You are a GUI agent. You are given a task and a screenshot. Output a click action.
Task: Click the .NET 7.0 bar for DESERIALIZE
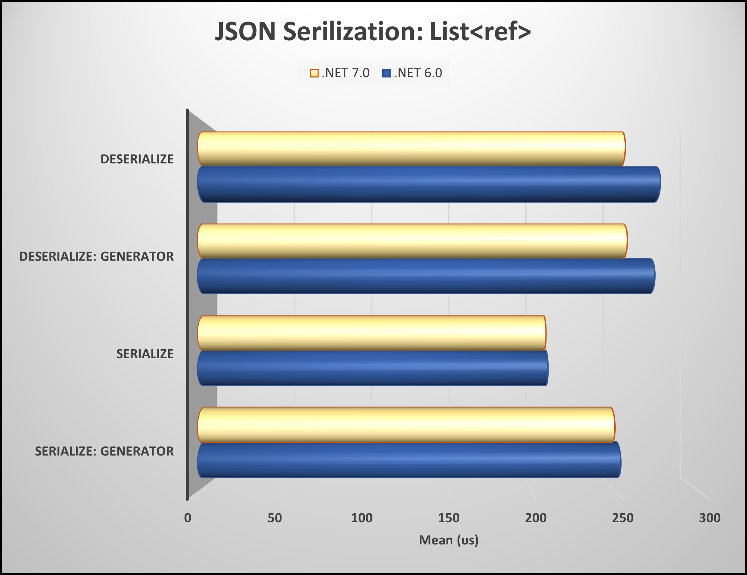click(411, 149)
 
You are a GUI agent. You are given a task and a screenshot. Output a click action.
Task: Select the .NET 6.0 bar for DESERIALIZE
click(429, 184)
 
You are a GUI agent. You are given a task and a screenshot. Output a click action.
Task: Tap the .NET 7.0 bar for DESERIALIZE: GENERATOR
click(412, 241)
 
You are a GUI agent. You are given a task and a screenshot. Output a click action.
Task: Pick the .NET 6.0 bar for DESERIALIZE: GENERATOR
click(426, 276)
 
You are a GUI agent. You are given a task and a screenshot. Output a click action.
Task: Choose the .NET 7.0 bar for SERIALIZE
click(372, 333)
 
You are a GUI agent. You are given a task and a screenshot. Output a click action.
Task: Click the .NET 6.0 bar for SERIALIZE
click(372, 368)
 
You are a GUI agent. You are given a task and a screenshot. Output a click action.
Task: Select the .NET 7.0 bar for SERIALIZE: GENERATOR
click(406, 425)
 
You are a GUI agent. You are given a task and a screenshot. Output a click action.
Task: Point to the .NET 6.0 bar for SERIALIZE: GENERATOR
click(409, 460)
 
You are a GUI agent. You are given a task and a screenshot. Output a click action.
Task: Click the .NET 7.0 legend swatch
click(314, 73)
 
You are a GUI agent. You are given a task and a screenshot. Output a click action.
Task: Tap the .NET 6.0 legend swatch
click(386, 73)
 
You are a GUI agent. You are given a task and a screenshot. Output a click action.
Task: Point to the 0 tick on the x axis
click(188, 518)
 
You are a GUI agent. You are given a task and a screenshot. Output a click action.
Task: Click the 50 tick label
click(274, 518)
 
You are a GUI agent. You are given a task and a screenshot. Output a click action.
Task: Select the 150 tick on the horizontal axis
click(449, 518)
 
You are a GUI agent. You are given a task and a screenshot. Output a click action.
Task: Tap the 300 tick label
click(709, 518)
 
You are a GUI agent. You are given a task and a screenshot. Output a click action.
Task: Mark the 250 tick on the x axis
click(623, 518)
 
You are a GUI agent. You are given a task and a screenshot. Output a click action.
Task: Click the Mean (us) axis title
click(449, 540)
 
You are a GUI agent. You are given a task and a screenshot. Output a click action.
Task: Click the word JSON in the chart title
click(245, 32)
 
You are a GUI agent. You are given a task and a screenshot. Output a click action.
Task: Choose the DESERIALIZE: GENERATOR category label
click(96, 256)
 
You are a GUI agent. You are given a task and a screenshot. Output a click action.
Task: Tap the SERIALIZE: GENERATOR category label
click(104, 451)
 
